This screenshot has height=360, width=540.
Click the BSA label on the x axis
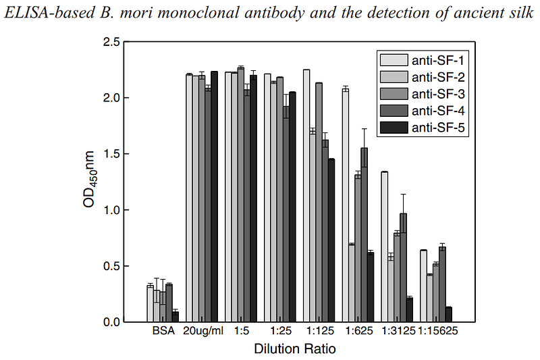163,332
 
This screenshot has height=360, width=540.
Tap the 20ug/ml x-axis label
202,332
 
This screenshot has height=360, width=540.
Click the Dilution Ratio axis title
294,349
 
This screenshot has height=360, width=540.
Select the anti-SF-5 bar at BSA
175,317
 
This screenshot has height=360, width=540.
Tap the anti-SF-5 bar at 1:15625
449,315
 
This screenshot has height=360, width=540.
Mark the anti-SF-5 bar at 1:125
331,240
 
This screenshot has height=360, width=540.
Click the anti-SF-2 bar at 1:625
352,283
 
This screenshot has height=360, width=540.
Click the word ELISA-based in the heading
38,13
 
